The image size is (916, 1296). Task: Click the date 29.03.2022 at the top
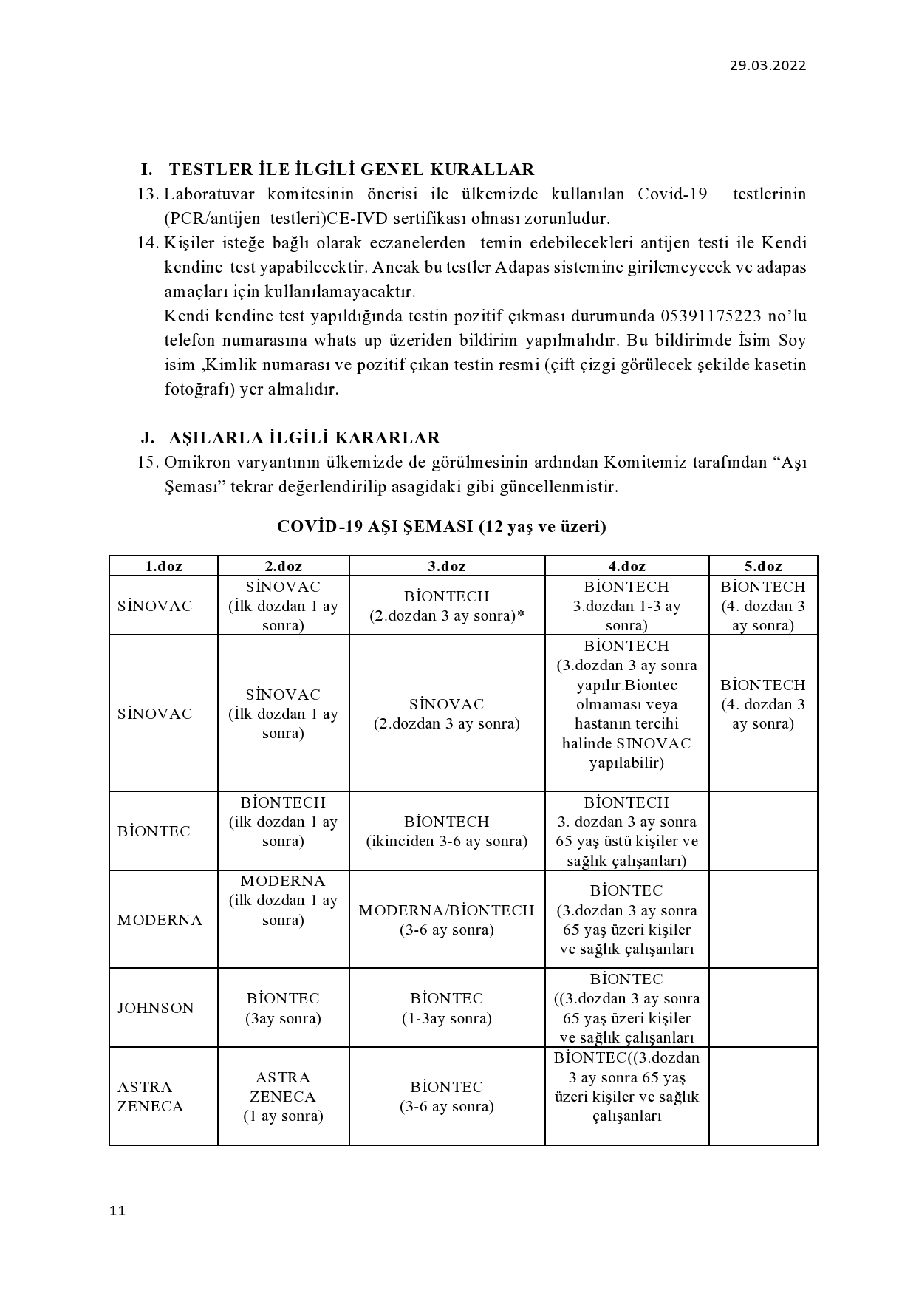[768, 66]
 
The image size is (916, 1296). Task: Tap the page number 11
[117, 1211]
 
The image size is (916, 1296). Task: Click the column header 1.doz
[163, 567]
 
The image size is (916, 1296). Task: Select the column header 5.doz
[762, 567]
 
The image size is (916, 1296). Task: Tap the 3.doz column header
[447, 567]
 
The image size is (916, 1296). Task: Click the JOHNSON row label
[155, 1009]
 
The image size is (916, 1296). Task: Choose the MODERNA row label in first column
[159, 920]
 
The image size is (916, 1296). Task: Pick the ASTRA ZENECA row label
[150, 1097]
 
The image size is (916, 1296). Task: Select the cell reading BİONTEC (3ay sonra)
[283, 1009]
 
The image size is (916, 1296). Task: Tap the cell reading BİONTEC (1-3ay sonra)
[446, 1009]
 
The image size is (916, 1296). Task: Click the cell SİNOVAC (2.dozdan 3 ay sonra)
[446, 714]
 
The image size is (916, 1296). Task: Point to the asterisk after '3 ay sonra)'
[520, 615]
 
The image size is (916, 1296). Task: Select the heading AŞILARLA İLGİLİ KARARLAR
[304, 438]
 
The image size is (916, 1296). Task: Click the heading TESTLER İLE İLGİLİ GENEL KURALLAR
[351, 170]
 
